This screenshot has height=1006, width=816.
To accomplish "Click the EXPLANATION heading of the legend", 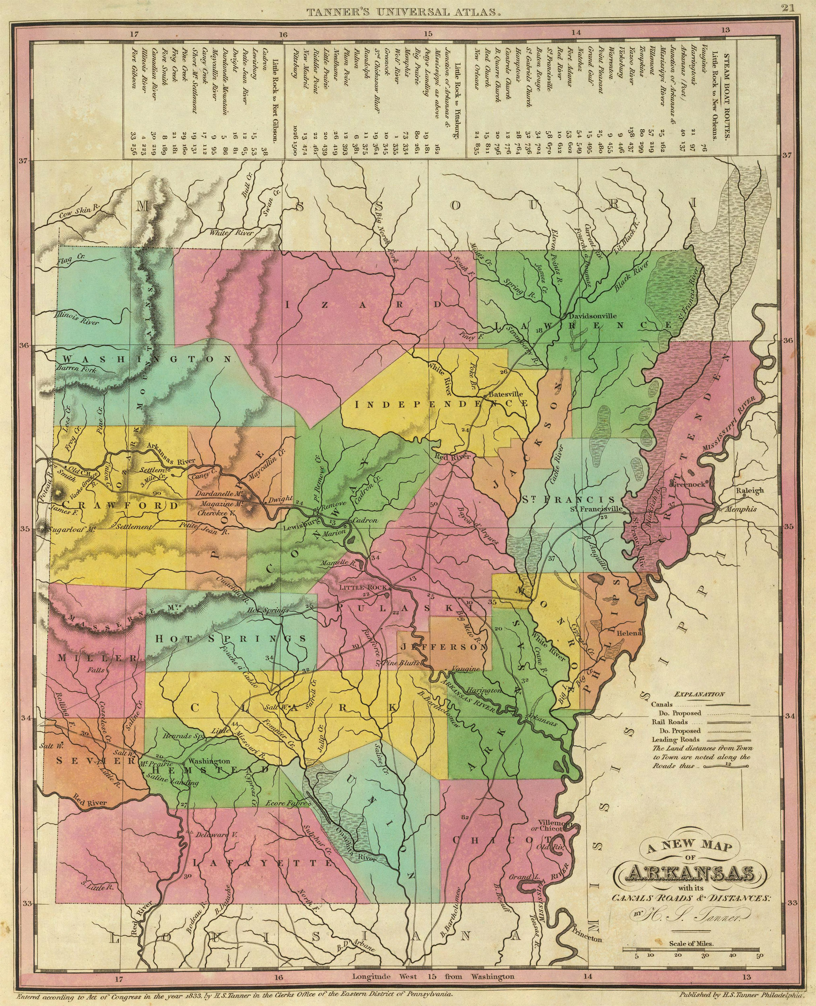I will click(699, 694).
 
